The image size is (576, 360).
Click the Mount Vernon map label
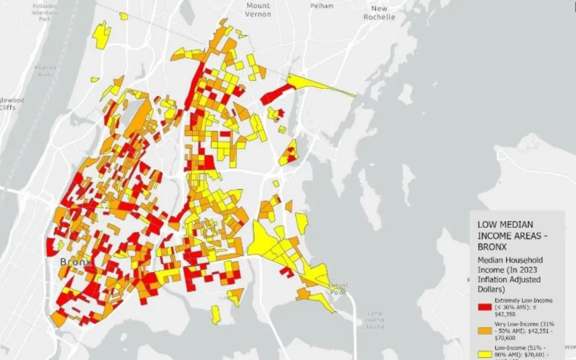[258, 10]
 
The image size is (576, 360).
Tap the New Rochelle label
[379, 13]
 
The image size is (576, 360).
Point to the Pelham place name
[322, 6]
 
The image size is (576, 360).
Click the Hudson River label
[45, 71]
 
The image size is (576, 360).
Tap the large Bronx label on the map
[76, 262]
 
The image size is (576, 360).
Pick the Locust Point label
[338, 289]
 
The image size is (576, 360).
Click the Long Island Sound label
[375, 319]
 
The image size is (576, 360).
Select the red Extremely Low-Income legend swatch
[484, 307]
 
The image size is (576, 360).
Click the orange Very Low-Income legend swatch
[484, 331]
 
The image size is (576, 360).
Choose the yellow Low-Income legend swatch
[484, 353]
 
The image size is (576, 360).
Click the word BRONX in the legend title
[492, 247]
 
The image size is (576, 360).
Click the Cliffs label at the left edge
[7, 107]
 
